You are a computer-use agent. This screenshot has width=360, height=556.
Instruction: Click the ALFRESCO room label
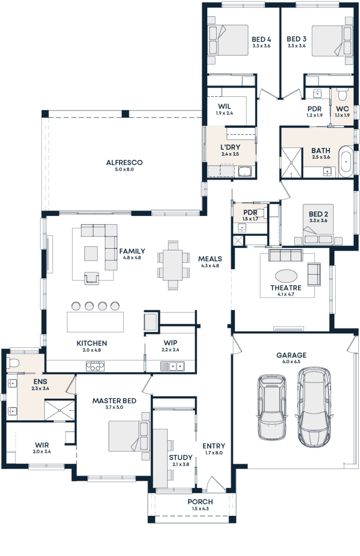click(x=125, y=163)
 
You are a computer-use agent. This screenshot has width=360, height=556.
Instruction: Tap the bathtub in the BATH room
click(x=346, y=162)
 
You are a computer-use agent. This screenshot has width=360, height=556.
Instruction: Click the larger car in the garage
click(x=314, y=407)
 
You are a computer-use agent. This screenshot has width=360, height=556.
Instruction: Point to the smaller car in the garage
click(x=272, y=407)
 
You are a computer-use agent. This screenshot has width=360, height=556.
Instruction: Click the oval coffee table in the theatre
click(x=286, y=276)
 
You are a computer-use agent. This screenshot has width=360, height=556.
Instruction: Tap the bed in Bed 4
click(x=228, y=40)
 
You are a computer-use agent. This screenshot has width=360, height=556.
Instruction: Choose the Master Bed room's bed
click(x=128, y=436)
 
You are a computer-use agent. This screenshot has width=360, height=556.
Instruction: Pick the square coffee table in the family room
click(x=91, y=253)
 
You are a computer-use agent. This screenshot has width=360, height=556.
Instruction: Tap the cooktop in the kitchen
click(x=95, y=366)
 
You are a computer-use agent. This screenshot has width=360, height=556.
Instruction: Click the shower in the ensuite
click(x=59, y=409)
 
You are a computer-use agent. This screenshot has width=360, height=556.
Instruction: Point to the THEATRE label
click(x=286, y=288)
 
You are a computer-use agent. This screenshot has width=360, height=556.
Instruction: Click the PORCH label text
click(x=200, y=502)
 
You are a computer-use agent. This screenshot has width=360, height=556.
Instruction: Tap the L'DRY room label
click(x=230, y=147)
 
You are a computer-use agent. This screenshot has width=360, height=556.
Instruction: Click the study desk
click(x=161, y=458)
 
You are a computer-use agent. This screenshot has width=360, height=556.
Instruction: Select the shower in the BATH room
click(x=292, y=163)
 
